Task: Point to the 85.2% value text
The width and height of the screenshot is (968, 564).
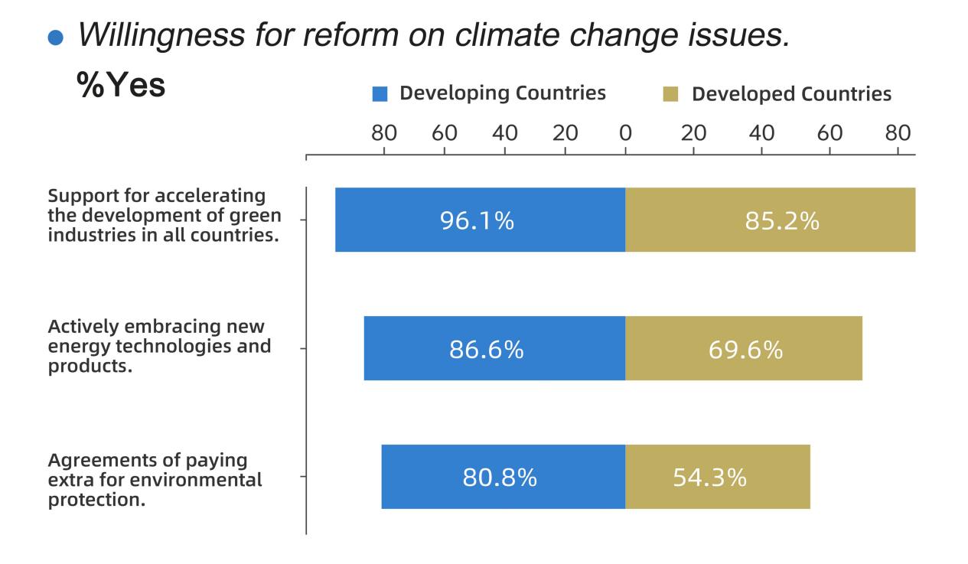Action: coord(782,221)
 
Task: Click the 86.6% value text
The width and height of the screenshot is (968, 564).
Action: coord(486,350)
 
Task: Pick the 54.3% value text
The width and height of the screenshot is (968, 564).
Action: coord(709,478)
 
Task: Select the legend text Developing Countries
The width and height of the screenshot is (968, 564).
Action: coord(503,93)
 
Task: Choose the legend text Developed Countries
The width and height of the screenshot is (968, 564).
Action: coord(791,94)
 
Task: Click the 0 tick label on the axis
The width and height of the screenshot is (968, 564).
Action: coord(625,132)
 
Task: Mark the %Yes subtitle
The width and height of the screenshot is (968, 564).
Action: coord(121,86)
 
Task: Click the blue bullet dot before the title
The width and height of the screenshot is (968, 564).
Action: coord(54,39)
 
